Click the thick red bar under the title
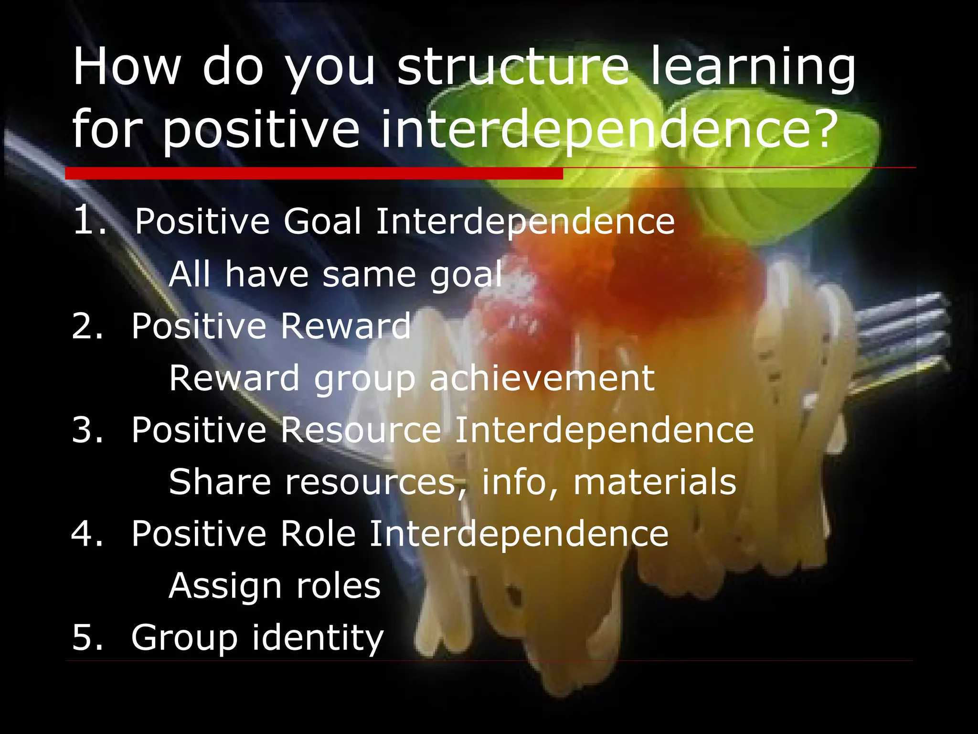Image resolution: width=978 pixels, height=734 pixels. [314, 173]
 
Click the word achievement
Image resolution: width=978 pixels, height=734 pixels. [542, 378]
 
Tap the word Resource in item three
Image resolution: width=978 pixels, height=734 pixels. [361, 430]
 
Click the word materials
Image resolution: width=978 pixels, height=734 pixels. [654, 482]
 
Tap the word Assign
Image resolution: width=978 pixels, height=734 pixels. [225, 587]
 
